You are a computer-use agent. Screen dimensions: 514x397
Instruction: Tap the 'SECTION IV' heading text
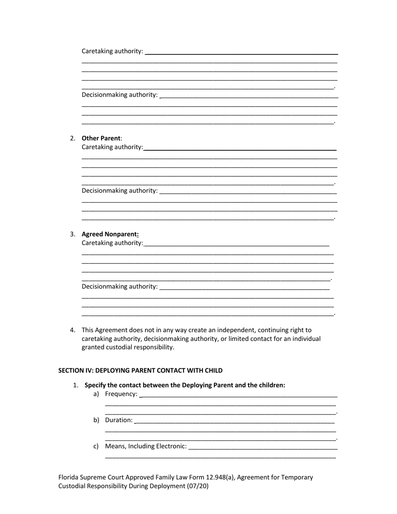click(140, 370)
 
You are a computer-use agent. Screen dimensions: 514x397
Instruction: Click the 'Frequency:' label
click(121, 394)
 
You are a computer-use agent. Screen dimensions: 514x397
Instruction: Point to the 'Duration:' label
click(119, 420)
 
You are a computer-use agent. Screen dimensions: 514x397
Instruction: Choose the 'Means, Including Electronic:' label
click(146, 446)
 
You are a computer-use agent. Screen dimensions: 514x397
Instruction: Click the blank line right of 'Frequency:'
click(238, 395)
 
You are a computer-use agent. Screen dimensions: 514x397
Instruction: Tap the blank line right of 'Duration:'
click(235, 421)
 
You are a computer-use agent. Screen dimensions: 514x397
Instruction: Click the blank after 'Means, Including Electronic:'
click(263, 447)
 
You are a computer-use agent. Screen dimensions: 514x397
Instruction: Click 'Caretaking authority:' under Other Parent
click(112, 147)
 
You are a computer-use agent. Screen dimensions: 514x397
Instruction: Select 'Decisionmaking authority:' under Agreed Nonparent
click(120, 287)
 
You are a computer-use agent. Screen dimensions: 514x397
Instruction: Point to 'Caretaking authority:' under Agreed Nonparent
click(112, 243)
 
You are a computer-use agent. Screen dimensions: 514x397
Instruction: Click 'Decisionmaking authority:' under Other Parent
click(120, 191)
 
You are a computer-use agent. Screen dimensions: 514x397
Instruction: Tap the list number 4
click(72, 330)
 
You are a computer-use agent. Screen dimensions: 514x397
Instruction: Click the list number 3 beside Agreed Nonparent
click(72, 234)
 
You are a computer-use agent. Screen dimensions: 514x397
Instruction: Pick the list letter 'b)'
click(96, 420)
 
